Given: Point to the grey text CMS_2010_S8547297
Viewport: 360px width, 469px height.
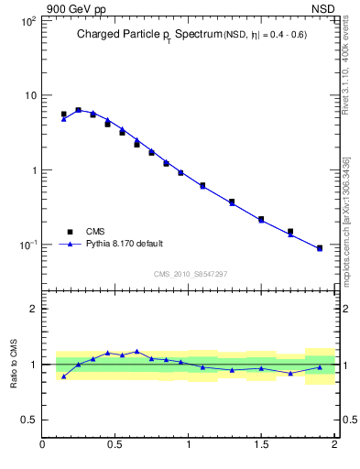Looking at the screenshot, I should pos(190,274).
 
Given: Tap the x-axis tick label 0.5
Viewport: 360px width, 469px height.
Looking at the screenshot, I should pos(115,446).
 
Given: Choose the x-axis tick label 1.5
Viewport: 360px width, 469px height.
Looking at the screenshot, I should pos(261,446).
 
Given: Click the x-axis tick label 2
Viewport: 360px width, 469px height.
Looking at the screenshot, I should pos(334,446).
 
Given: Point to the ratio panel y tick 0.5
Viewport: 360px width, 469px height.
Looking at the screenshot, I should pos(28,420).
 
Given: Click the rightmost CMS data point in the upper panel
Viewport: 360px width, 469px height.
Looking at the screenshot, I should pos(320,248).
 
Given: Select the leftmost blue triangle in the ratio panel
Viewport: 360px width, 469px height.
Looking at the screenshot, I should pos(63,376).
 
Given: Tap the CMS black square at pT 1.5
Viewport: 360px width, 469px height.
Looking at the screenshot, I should pos(261,219).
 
